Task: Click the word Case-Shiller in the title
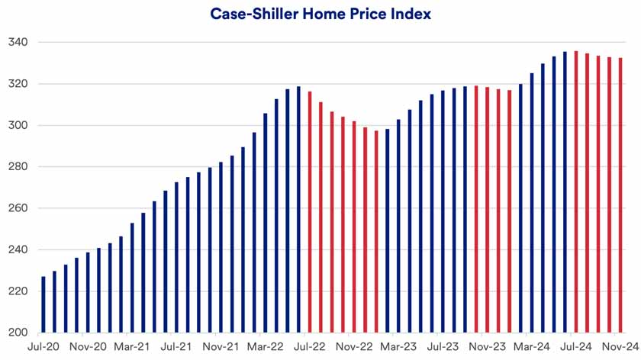pos(249,14)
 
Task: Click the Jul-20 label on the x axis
pos(43,346)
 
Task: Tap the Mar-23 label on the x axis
pos(399,346)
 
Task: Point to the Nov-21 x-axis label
pos(221,346)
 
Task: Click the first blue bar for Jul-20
pos(43,304)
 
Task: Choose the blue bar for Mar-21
pos(132,278)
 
